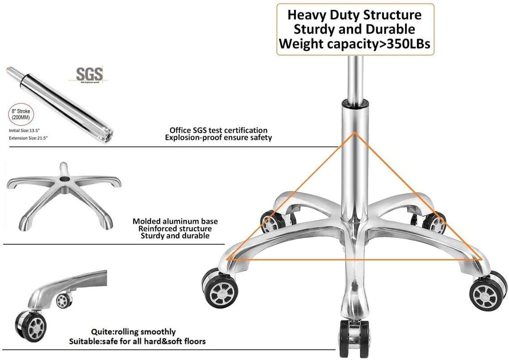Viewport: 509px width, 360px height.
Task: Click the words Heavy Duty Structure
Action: click(x=354, y=15)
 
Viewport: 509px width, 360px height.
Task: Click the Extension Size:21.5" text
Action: click(x=29, y=138)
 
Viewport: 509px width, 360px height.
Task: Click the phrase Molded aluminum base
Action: click(x=175, y=221)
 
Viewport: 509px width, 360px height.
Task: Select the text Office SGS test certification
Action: click(x=218, y=130)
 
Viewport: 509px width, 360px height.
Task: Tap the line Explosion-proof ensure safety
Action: click(x=218, y=138)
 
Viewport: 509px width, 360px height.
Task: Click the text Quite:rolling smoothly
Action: click(x=133, y=332)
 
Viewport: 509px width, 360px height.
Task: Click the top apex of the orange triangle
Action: click(x=354, y=132)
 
